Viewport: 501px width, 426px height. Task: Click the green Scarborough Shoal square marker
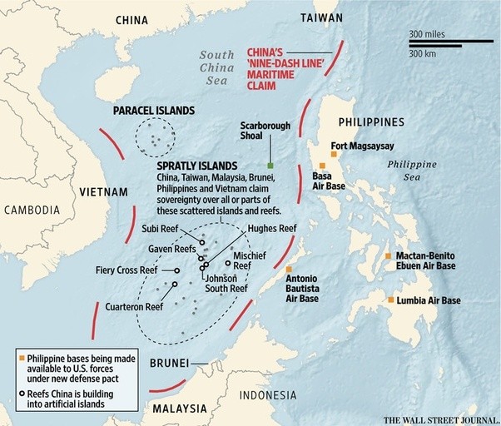click(270, 166)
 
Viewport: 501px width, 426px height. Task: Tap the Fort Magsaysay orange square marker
click(334, 154)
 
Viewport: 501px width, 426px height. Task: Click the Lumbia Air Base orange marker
click(390, 300)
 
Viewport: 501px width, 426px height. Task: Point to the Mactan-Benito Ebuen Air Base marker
click(388, 255)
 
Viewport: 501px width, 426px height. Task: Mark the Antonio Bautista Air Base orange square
click(289, 270)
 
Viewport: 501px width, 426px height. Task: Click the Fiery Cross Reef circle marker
click(177, 270)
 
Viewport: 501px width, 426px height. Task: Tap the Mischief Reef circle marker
click(228, 262)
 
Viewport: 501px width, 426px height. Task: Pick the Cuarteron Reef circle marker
click(175, 285)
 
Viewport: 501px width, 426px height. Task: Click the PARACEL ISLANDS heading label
click(154, 110)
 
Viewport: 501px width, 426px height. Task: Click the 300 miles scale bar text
click(429, 33)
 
